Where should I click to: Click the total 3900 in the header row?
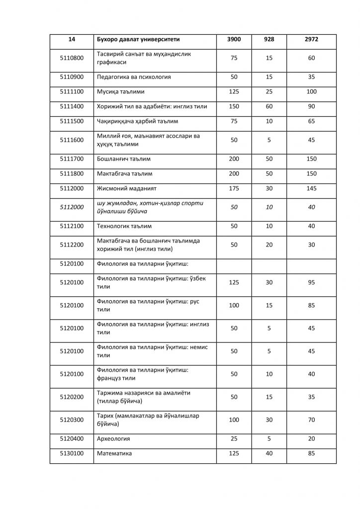234,39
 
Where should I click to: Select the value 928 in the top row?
269,39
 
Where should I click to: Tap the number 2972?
311,39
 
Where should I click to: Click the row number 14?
72,39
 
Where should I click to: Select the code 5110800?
72,58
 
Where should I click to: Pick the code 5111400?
72,106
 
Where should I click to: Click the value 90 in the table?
311,106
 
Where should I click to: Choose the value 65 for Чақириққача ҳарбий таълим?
311,121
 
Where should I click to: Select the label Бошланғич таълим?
124,159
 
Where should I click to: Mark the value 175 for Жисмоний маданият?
234,189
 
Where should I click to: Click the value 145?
311,189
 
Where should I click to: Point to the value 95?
311,282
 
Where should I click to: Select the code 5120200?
72,397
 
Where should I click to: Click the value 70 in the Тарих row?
311,420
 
